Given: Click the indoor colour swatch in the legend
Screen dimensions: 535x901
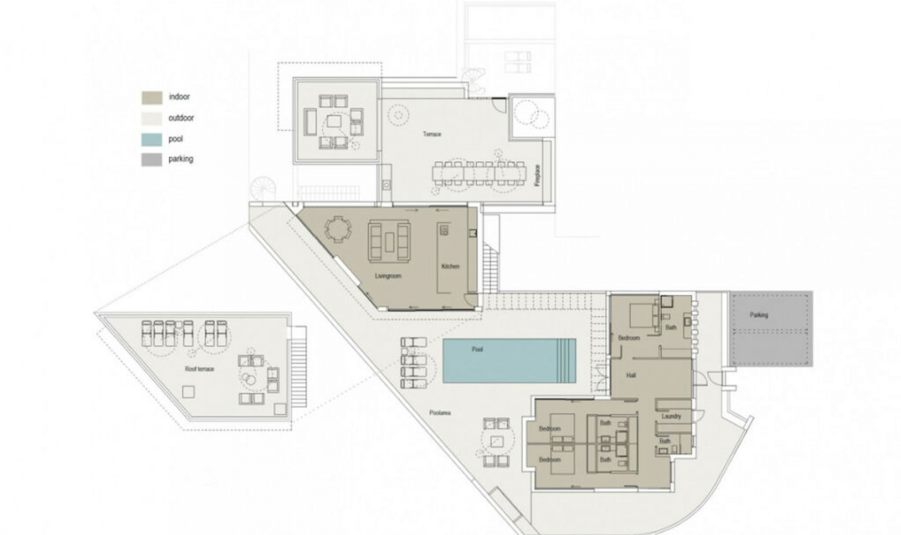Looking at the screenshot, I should point(152,97).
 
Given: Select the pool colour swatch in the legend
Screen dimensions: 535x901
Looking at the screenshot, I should point(152,139).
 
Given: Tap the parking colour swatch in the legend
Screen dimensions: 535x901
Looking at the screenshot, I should point(152,160).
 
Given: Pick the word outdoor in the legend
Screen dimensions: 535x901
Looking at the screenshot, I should point(181,118).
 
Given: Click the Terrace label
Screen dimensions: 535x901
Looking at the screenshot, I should point(432,134).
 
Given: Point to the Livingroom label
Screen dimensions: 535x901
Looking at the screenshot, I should point(388,276).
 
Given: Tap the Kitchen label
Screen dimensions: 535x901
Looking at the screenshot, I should point(450,266).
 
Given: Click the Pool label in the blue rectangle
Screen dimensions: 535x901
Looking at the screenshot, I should point(477,349).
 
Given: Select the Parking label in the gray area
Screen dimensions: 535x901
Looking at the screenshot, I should point(759,315).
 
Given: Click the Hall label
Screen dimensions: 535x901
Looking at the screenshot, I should point(631,375).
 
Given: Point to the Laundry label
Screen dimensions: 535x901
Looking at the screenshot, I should point(671,416).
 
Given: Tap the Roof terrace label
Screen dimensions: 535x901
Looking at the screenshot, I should point(199,369).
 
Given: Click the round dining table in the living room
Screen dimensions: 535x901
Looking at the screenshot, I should point(338,229).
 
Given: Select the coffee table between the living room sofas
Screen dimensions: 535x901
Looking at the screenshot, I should point(389,242).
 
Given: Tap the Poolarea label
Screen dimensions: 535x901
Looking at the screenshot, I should point(440,413).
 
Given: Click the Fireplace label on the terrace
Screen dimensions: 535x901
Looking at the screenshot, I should point(538,175).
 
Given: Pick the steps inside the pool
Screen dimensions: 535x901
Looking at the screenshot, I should point(566,360).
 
